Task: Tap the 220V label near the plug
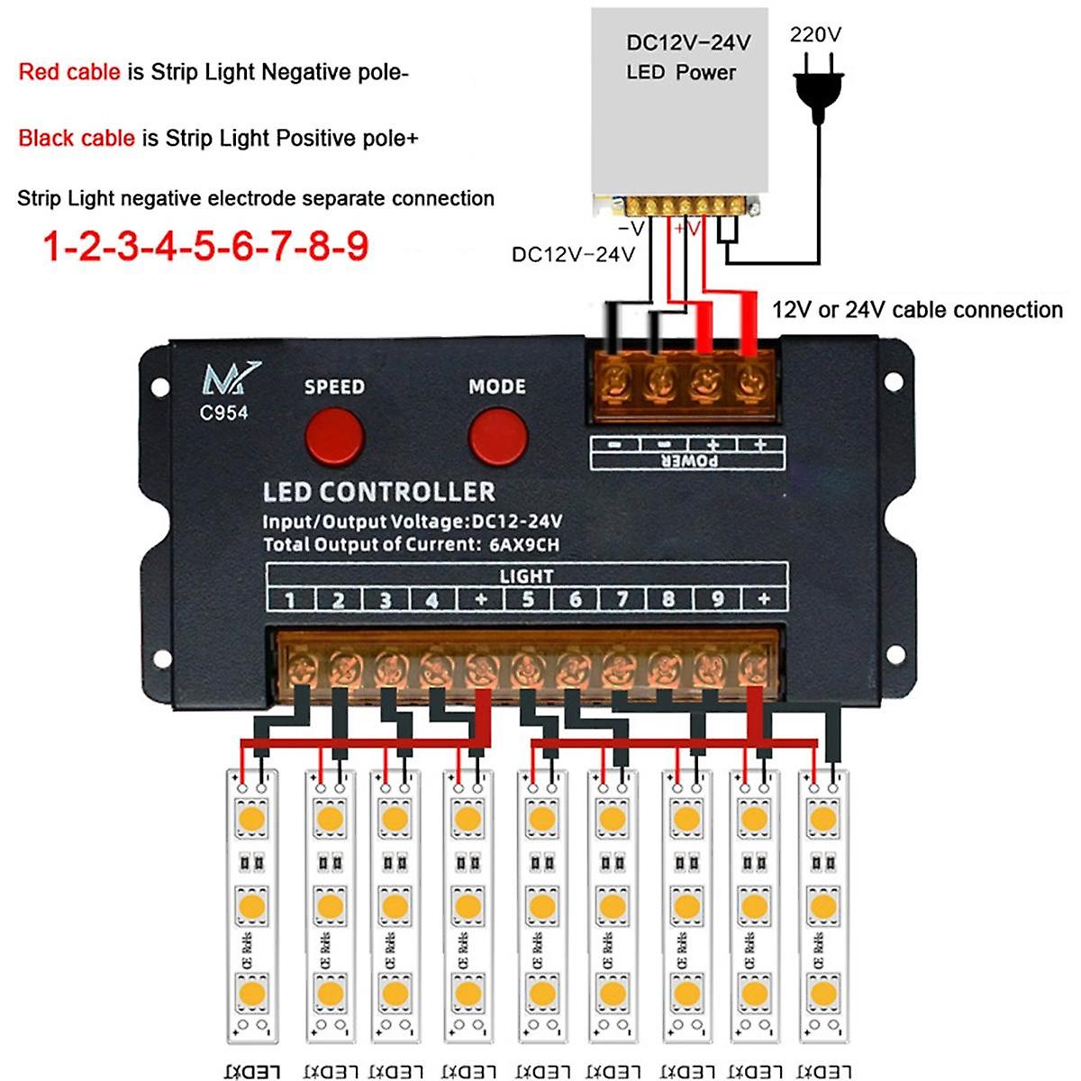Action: click(x=815, y=35)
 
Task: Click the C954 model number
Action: click(x=223, y=413)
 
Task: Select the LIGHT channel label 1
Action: click(x=290, y=600)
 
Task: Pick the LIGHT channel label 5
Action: click(x=528, y=600)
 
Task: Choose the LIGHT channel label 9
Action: click(x=717, y=600)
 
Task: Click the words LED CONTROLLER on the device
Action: click(x=378, y=492)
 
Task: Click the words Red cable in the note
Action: click(x=69, y=72)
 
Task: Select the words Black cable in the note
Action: click(x=77, y=138)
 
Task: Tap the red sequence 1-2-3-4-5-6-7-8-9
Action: click(x=206, y=246)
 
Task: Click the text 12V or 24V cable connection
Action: click(x=917, y=310)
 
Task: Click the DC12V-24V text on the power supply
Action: click(x=688, y=42)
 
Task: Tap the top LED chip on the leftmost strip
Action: click(x=251, y=819)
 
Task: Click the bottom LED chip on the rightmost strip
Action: click(x=823, y=993)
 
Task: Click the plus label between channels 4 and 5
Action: click(x=481, y=600)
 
